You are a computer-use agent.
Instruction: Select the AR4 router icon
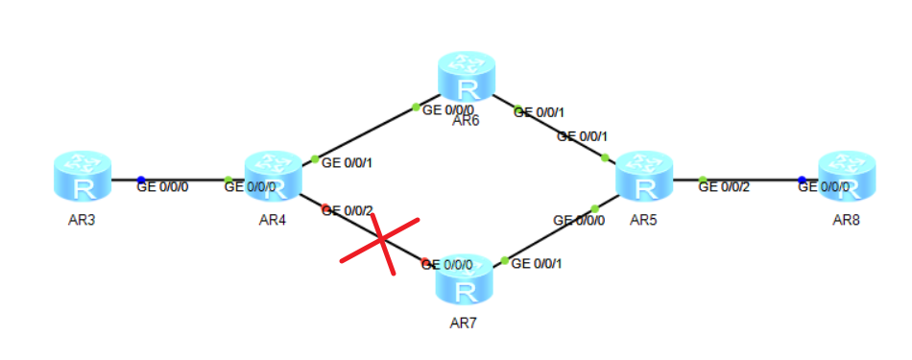coord(274,177)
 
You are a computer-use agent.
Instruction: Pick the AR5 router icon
coord(644,177)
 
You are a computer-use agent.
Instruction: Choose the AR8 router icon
coord(847,177)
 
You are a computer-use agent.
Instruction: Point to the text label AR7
coord(464,323)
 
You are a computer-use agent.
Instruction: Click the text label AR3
coord(81,220)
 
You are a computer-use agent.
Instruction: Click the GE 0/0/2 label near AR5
coord(724,187)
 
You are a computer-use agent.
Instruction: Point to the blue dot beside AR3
coord(140,180)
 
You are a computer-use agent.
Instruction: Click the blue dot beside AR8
coord(802,180)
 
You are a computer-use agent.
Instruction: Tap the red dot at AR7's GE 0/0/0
coord(424,262)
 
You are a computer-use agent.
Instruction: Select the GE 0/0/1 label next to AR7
coord(537,263)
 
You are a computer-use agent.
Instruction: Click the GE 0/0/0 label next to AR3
coord(163,187)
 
